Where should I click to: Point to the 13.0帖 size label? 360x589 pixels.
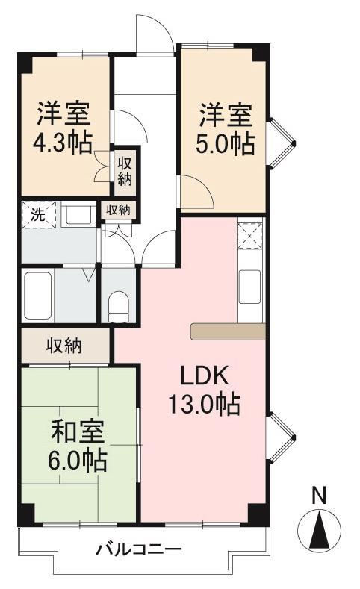pos(203,405)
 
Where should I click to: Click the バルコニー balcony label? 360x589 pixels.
pos(138,551)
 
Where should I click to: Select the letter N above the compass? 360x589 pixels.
pos(319,494)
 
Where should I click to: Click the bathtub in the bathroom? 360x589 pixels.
pos(37,296)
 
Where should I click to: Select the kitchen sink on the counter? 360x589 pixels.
pos(249,285)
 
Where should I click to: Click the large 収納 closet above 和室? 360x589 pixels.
pos(65,346)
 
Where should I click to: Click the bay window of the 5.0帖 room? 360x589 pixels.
pos(282,140)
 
